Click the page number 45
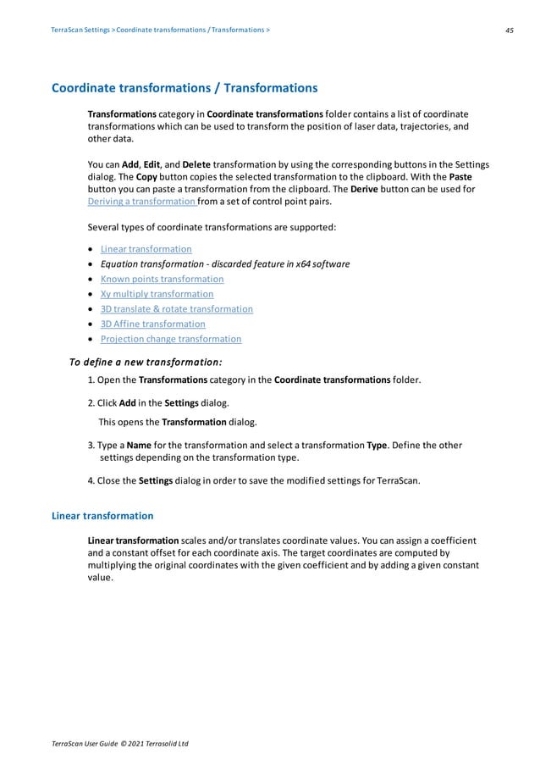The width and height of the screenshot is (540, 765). [510, 30]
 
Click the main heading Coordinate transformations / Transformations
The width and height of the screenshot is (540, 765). [185, 88]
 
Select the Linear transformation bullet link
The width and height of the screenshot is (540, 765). [146, 249]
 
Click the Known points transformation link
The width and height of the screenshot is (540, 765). [162, 279]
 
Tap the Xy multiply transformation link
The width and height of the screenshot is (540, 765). [157, 294]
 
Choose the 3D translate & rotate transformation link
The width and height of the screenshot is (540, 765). [176, 309]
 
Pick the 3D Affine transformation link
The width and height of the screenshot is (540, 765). [152, 324]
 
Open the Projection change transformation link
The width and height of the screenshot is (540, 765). [170, 339]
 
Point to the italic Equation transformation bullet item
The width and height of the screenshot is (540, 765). [224, 264]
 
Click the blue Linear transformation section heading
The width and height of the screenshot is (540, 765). [102, 515]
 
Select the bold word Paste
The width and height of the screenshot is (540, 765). [460, 177]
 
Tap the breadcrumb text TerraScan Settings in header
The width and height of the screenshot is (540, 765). [80, 30]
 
